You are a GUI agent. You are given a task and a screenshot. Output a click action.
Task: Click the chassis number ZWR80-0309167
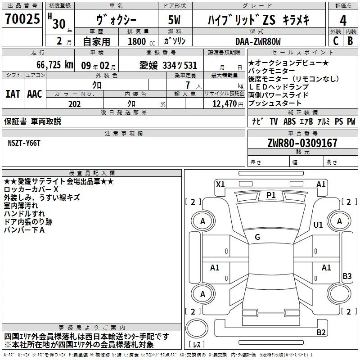click(x=302, y=144)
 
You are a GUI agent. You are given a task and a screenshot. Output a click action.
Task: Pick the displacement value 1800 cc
click(x=139, y=41)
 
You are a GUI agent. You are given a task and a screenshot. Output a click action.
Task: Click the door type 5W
click(x=175, y=20)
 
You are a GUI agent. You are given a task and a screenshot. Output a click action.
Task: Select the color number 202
click(x=74, y=103)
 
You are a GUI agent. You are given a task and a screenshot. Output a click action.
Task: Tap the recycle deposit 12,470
click(x=224, y=103)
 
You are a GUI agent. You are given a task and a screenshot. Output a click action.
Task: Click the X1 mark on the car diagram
click(x=220, y=184)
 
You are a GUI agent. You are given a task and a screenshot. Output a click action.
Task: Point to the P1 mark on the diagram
click(x=271, y=195)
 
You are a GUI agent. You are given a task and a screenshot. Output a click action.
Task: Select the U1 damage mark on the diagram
click(x=318, y=225)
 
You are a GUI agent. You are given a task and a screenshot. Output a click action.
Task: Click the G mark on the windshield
click(x=257, y=237)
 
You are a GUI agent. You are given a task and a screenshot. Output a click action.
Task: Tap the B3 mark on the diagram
click(x=347, y=276)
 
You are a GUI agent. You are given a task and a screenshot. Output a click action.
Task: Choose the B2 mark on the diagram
click(x=321, y=333)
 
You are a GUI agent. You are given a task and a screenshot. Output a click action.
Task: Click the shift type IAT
click(x=13, y=94)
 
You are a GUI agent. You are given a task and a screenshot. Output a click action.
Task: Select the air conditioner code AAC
click(x=34, y=94)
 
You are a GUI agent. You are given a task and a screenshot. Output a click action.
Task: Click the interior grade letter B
click(x=350, y=41)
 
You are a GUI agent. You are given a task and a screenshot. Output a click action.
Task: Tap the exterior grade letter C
click(x=335, y=41)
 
